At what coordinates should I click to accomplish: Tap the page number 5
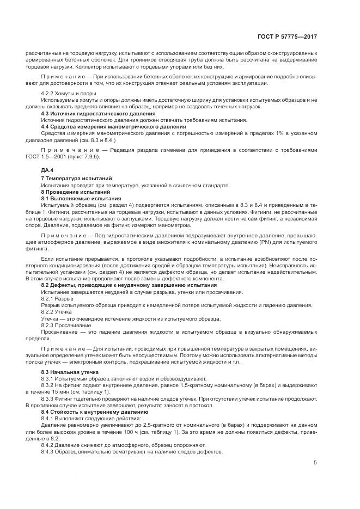pyautogui.click(x=315, y=463)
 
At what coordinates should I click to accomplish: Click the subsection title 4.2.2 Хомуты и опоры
pyautogui.click(x=65, y=94)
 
